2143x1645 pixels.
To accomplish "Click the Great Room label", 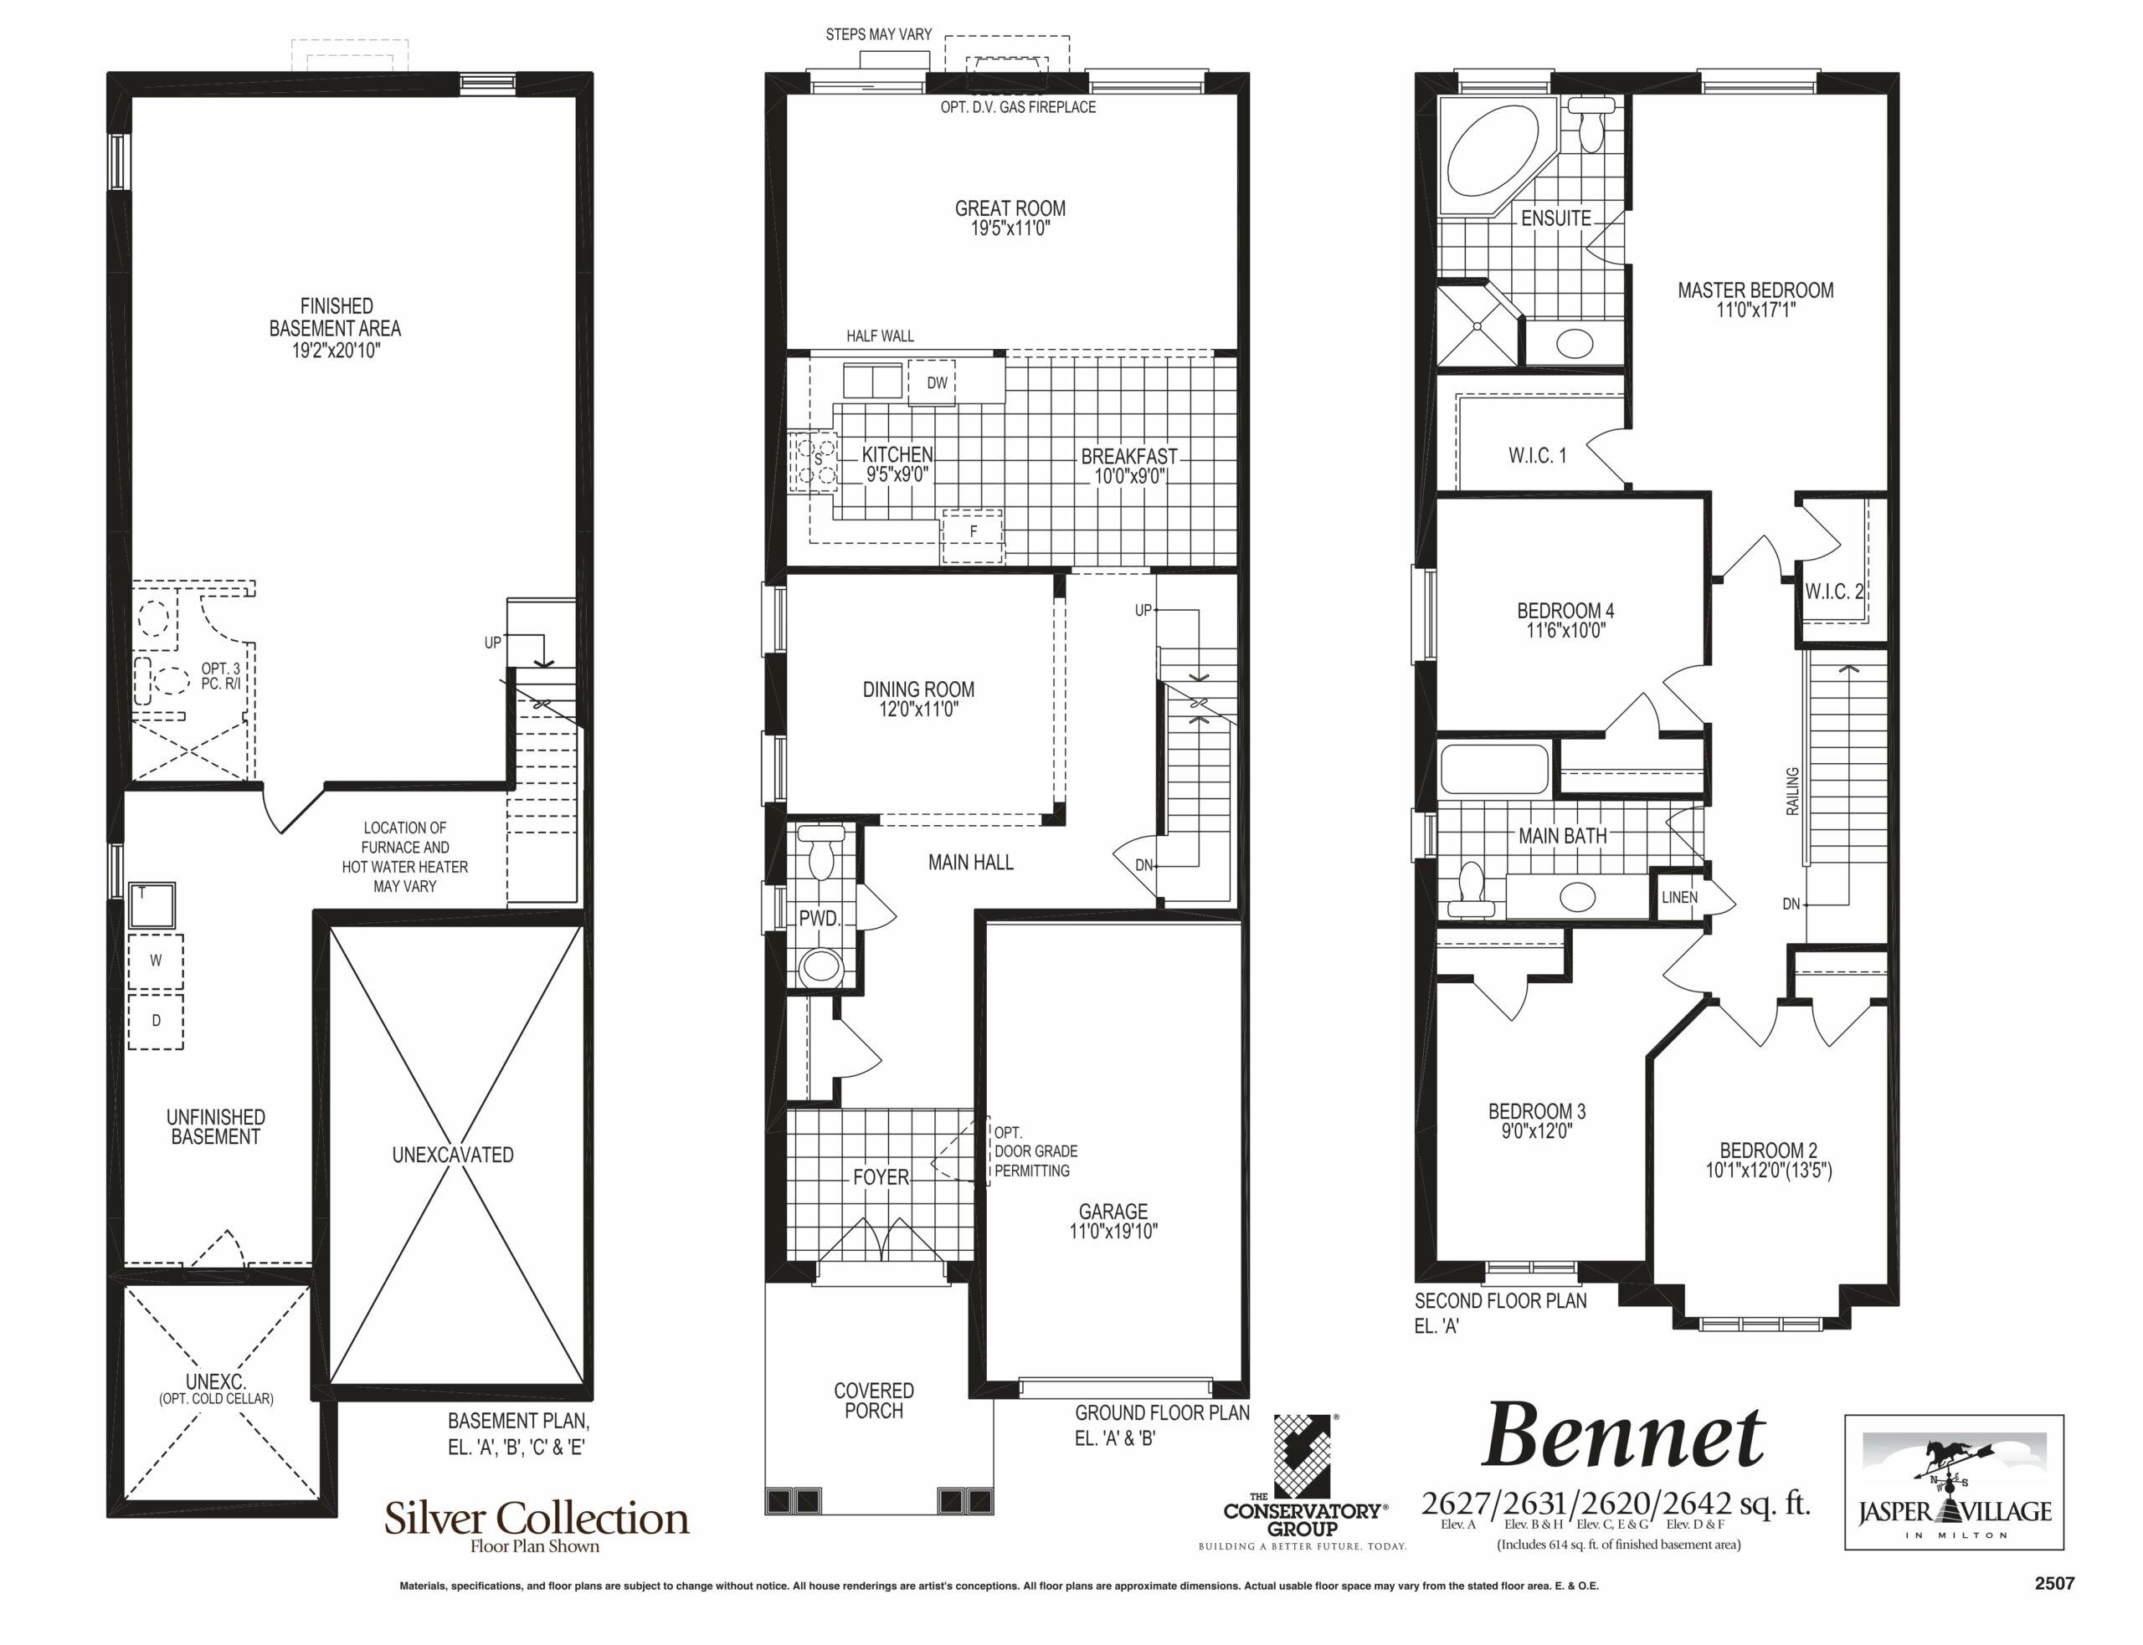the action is (x=1010, y=208).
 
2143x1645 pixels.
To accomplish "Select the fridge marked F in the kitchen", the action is (x=973, y=536).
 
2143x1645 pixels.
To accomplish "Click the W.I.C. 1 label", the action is (x=1537, y=455).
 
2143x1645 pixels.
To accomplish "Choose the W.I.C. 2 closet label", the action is (x=1833, y=592).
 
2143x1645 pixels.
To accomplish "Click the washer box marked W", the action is (x=156, y=961).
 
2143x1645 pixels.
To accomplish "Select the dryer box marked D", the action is (x=156, y=1020).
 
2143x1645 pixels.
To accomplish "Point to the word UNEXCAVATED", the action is (x=453, y=1156).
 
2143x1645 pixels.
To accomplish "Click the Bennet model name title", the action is (x=1623, y=1437).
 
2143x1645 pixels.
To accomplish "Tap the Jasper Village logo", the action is (x=1954, y=1483).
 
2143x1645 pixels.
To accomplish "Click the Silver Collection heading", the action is (x=536, y=1519).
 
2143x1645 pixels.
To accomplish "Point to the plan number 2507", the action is (x=2054, y=1583).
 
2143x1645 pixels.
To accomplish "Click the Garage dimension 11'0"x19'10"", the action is (x=1113, y=1232).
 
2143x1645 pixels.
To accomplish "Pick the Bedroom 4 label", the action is (x=1565, y=611).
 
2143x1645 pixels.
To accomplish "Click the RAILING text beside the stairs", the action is (x=1793, y=792).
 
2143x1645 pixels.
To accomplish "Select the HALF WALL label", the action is (x=880, y=336).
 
